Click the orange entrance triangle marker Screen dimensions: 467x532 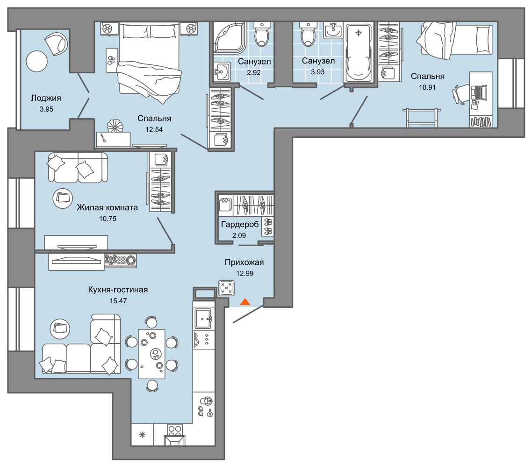coord(245,303)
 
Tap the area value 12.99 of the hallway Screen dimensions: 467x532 coord(244,273)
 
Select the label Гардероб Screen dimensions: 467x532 coord(239,225)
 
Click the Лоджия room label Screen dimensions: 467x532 coord(46,98)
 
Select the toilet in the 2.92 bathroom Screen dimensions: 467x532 coord(261,34)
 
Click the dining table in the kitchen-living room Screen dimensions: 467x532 coord(151,354)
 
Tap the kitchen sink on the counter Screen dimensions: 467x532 coord(203,319)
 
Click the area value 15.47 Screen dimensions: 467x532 coord(118,301)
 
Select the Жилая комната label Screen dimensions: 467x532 coord(107,208)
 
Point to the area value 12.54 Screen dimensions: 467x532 coord(154,130)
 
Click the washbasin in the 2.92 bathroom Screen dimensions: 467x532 coord(222,72)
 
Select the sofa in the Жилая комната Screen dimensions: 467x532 coord(77,168)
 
